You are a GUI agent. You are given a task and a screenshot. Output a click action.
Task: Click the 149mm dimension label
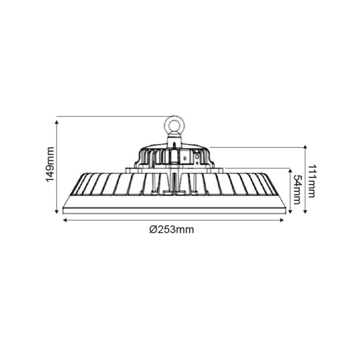50,164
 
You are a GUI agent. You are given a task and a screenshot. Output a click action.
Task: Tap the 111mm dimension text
312,181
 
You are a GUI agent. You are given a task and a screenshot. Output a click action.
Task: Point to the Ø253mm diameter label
172,230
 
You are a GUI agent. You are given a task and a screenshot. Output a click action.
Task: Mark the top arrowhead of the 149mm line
57,119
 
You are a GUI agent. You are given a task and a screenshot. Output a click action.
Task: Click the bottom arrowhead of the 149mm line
57,211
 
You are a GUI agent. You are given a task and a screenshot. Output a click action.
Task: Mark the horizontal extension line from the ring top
113,117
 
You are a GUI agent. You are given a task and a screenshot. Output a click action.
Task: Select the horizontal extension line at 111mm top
257,147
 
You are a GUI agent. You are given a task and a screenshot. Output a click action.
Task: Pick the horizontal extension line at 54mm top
257,168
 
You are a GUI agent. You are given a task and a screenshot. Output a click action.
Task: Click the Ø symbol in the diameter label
153,230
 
